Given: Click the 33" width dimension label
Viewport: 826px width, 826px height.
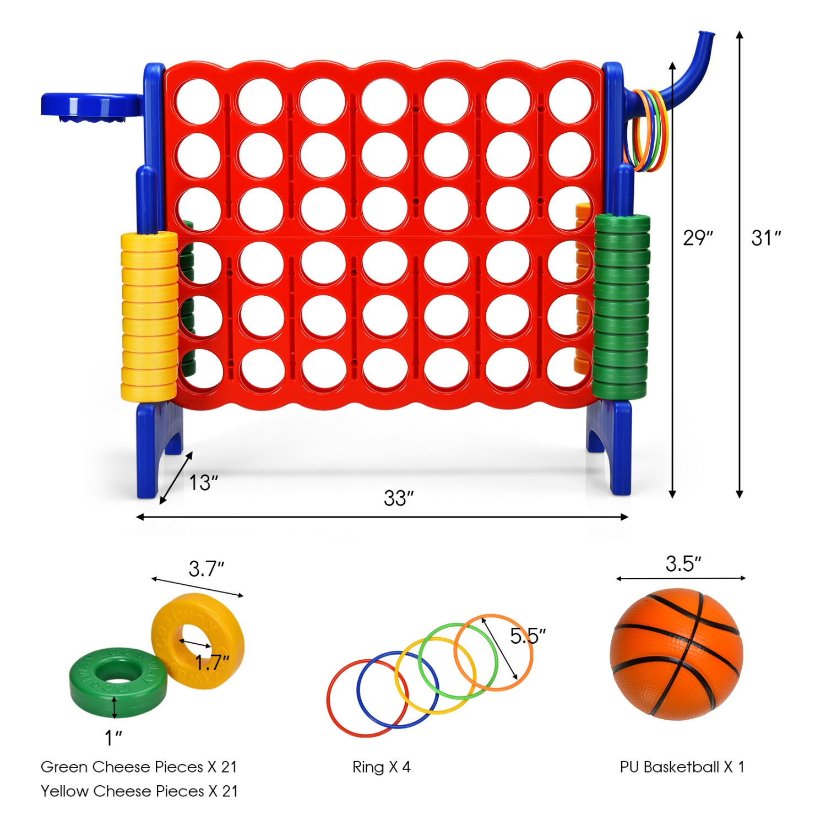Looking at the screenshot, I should [x=398, y=498].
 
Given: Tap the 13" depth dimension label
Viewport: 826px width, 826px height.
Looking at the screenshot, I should [x=203, y=483].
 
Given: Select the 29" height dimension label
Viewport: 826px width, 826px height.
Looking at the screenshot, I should [x=698, y=238].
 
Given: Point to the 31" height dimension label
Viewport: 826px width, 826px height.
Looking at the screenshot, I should [x=766, y=238].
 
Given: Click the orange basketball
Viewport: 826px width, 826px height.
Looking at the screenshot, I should [x=676, y=654].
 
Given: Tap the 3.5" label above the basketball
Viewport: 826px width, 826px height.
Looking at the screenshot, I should [x=683, y=564].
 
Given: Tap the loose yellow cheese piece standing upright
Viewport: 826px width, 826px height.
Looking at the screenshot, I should [x=197, y=636].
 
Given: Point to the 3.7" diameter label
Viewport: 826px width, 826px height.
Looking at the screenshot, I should [x=206, y=569].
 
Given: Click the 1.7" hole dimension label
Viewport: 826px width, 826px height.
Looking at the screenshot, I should [x=212, y=662].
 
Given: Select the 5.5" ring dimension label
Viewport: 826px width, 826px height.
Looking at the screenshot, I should [x=528, y=636].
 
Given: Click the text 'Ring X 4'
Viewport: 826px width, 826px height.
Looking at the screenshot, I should [x=382, y=767].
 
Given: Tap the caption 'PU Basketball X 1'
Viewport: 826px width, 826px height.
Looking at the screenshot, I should [x=682, y=767].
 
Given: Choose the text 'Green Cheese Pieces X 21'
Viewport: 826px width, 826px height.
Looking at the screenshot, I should [x=139, y=767].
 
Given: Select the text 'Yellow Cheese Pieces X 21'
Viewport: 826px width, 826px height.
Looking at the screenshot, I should [x=139, y=791].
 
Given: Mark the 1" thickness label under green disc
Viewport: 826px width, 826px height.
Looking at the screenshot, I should [x=113, y=738].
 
